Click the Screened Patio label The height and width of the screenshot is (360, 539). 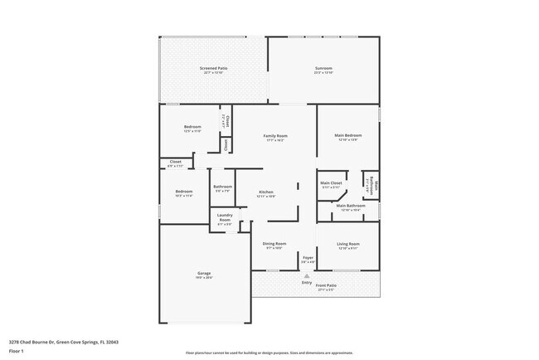[x=214, y=68]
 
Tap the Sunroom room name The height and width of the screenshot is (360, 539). [x=323, y=68]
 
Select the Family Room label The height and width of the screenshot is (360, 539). [x=275, y=135]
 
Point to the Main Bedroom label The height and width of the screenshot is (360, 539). [x=348, y=135]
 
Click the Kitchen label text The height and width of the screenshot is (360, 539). [x=265, y=192]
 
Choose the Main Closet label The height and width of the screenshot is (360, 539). [x=331, y=182]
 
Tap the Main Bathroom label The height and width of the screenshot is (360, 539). [x=350, y=206]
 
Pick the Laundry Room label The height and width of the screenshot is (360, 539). [x=225, y=218]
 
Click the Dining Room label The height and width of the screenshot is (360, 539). [x=274, y=244]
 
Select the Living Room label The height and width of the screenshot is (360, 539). [x=348, y=244]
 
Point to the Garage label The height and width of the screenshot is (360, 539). [x=204, y=274]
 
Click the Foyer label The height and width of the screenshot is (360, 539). [x=308, y=258]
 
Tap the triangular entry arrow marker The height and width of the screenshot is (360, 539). [x=307, y=275]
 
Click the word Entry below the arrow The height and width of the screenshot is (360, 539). [x=307, y=283]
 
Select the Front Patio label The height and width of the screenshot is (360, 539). [x=326, y=285]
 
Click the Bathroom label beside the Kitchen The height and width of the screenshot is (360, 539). [x=221, y=187]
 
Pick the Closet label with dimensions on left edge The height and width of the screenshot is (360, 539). [x=176, y=162]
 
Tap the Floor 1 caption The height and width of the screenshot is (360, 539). [x=17, y=352]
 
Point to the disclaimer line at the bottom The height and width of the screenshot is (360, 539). [x=269, y=353]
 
